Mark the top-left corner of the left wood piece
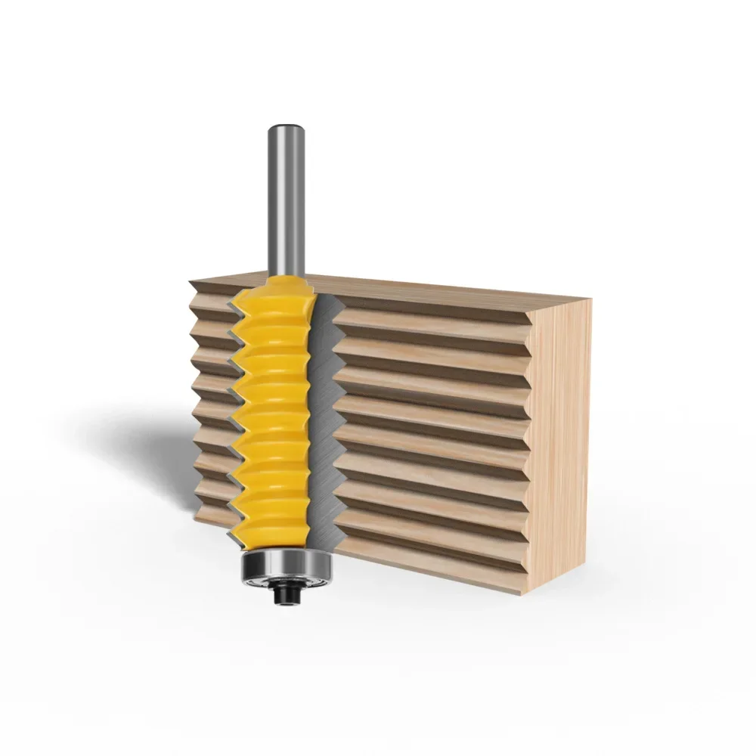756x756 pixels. pos(191,280)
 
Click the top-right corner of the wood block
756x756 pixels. pos(590,299)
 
